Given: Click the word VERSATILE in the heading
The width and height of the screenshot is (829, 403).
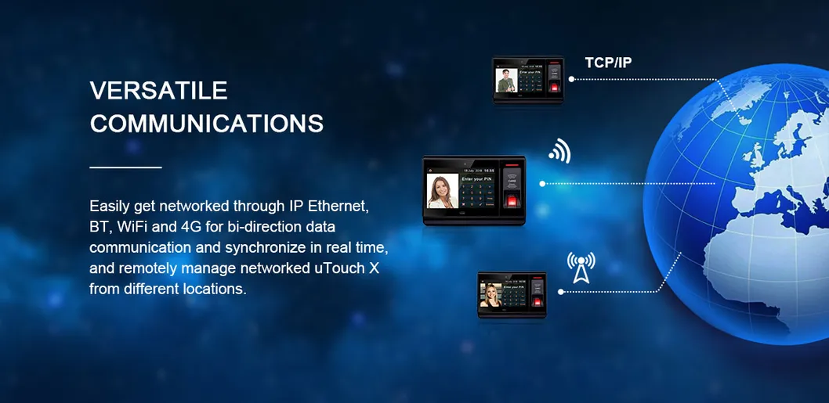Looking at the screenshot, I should coord(158,91).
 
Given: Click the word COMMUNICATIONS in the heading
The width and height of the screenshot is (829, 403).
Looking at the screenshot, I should coord(206,124).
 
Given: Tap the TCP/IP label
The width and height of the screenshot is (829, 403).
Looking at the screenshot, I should coord(608,63).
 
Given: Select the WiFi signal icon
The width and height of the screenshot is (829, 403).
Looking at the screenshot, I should coord(559,150).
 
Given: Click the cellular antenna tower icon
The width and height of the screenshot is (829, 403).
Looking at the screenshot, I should coord(581,267).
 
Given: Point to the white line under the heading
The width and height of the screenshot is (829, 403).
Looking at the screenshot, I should coord(125,167).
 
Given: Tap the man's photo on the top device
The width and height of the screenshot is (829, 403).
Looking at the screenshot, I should coord(505,81).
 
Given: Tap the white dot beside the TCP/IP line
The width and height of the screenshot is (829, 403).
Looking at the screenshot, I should coord(571,79).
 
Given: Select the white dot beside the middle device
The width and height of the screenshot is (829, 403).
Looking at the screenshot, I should coord(541,184).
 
